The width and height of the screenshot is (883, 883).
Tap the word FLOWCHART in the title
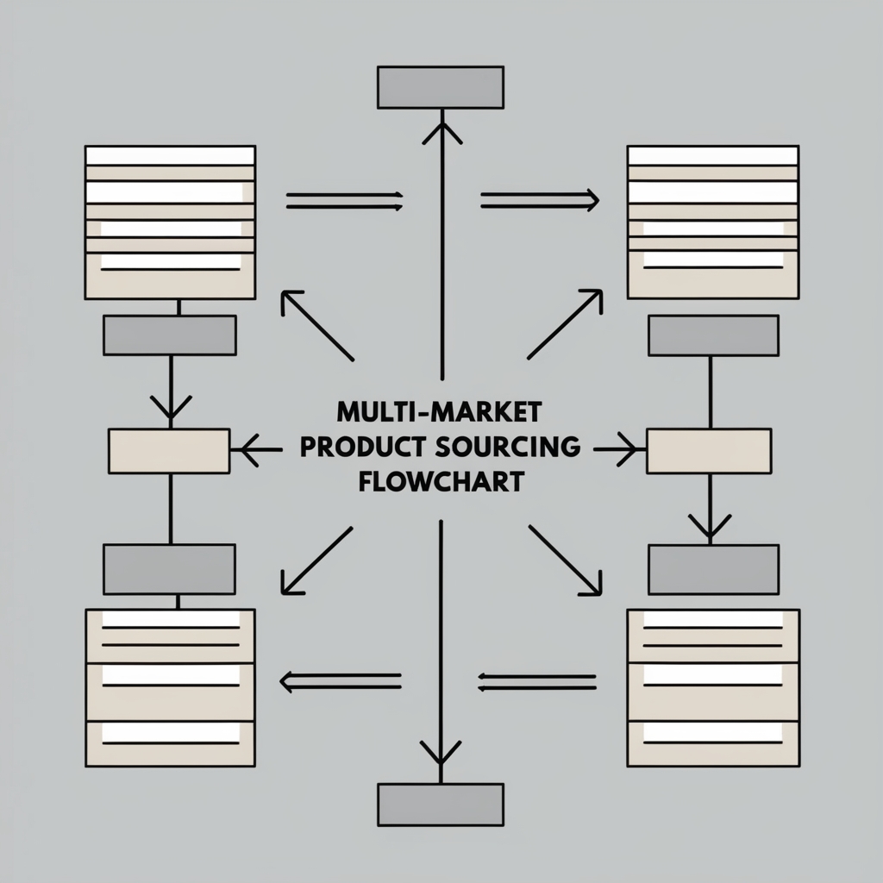tap(440, 481)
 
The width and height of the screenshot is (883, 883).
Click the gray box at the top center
tap(440, 87)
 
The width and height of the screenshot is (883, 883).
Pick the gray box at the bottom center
tap(440, 805)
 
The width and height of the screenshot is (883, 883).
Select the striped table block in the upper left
tap(170, 222)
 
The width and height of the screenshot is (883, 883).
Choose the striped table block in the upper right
tap(712, 222)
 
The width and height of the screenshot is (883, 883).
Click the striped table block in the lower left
tap(170, 687)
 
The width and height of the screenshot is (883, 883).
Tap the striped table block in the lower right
tap(712, 687)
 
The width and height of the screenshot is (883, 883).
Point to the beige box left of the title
tap(169, 451)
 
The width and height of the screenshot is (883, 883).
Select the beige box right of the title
tap(709, 451)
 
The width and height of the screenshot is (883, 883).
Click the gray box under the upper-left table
tap(170, 335)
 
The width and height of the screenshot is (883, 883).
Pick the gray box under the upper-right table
tap(713, 335)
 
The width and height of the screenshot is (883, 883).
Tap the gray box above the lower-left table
tap(170, 569)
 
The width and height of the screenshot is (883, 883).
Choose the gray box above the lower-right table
tap(713, 569)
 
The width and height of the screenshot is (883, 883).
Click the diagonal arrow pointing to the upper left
tap(316, 325)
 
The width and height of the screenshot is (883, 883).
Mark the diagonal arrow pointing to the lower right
tap(565, 560)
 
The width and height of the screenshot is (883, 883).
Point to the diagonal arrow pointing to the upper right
tap(565, 324)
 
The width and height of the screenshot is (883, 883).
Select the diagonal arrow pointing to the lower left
tap(316, 560)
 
